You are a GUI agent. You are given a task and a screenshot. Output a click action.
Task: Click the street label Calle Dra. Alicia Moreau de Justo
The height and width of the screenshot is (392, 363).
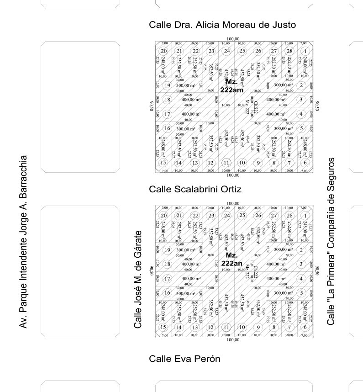(x=222, y=25)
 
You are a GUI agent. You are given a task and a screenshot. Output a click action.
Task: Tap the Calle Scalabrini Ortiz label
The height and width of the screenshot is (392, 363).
(x=195, y=189)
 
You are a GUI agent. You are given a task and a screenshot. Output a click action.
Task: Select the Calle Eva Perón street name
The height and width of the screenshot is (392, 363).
(x=184, y=359)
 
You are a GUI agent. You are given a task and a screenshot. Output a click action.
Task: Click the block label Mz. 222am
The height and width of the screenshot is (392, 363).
(x=231, y=86)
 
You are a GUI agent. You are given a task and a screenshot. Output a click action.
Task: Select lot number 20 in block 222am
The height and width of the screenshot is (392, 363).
(x=163, y=51)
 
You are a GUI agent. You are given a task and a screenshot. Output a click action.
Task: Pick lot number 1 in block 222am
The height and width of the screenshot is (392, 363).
(x=305, y=51)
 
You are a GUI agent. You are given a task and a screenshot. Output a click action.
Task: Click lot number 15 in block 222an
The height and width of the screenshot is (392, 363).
(x=163, y=327)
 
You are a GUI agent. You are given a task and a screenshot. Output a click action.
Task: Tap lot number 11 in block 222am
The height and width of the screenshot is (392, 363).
(x=226, y=162)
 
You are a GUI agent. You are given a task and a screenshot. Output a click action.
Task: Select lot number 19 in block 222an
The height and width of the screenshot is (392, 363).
(x=168, y=250)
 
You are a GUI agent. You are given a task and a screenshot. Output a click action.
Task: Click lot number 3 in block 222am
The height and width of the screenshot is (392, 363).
(x=301, y=100)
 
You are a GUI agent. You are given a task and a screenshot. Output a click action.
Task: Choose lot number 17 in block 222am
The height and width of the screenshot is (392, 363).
(x=168, y=114)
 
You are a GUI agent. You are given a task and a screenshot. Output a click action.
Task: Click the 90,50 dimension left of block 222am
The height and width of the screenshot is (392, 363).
(x=150, y=106)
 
